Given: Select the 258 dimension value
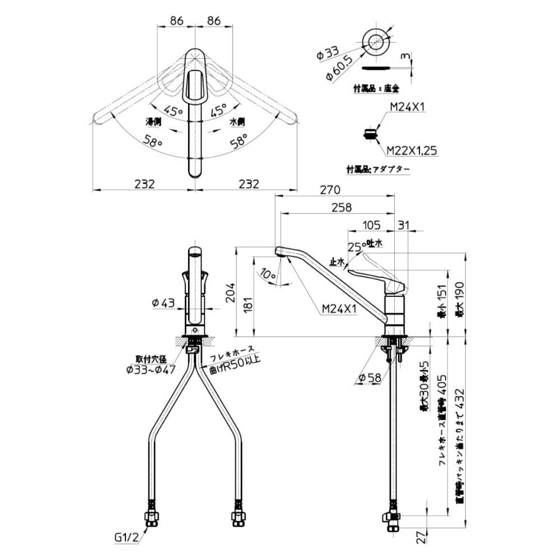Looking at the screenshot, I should coord(341,207).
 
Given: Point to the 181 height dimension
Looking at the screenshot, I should coord(249,303).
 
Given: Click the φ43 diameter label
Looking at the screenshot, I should coord(164,303).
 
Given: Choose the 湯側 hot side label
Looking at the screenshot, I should coord(154,122).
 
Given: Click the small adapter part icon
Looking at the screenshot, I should coord(370,134).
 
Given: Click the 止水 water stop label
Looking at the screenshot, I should coord(337,261).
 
